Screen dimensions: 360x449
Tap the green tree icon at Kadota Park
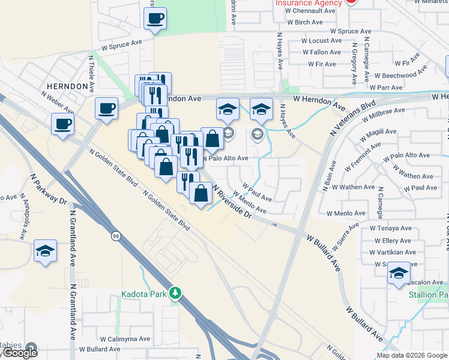point(175,293)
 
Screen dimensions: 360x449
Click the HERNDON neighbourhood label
point(66,86)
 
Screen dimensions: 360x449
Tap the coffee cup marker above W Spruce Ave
point(155,19)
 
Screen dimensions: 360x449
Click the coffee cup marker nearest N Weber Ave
point(62,124)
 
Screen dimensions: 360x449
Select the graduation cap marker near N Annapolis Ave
point(45,250)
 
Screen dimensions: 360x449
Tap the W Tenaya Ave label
point(394,228)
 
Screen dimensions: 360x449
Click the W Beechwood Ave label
point(403,76)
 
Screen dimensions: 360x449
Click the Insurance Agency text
point(309,3)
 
